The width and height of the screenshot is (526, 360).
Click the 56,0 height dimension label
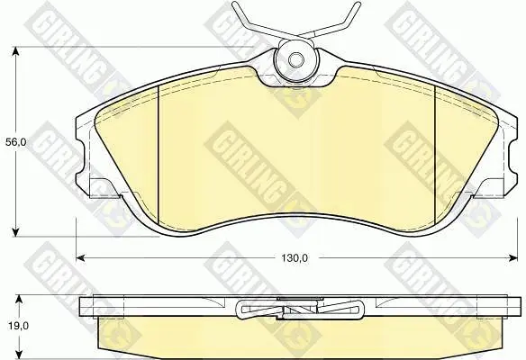click(15, 142)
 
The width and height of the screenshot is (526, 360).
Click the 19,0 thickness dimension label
click(15, 326)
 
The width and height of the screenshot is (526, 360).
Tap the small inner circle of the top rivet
click(296, 60)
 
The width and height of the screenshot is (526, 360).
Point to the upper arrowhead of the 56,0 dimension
click(15, 51)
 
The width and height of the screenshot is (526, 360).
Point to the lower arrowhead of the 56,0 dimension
click(15, 232)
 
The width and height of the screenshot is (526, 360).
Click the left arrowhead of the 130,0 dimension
click(80, 257)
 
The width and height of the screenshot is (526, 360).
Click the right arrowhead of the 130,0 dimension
click(513, 257)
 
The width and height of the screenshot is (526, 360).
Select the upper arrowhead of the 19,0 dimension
click(20, 300)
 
